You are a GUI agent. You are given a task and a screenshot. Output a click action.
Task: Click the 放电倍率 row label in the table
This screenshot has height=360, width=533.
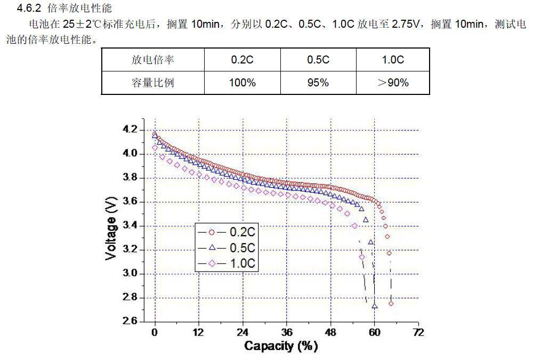coord(152,60)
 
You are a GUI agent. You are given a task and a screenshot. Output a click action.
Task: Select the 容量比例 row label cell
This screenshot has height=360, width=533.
coord(152,83)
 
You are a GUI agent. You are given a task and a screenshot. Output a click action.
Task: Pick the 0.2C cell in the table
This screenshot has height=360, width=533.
coord(242,60)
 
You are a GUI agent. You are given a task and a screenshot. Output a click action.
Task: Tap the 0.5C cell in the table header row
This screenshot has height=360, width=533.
coord(318,60)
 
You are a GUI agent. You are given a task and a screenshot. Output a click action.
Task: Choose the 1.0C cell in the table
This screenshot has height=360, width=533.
coord(393,60)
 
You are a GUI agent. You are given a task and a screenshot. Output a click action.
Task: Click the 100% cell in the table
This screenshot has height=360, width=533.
coord(242,83)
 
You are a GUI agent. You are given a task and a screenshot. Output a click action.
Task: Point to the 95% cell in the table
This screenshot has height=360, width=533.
coord(318,83)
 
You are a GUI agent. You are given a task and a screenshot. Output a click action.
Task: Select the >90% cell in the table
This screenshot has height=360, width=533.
coord(393,83)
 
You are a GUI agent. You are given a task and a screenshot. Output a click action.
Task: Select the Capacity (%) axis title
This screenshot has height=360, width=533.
coord(281,346)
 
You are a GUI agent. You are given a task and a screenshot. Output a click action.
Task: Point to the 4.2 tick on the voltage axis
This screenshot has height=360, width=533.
coord(130,130)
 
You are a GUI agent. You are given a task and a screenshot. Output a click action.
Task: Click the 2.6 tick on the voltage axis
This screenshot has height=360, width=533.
coord(130,321)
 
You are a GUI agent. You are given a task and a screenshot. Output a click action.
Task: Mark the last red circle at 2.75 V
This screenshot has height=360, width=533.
coord(391,303)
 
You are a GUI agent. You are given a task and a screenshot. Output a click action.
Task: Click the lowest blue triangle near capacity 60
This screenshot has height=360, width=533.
coord(375,306)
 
